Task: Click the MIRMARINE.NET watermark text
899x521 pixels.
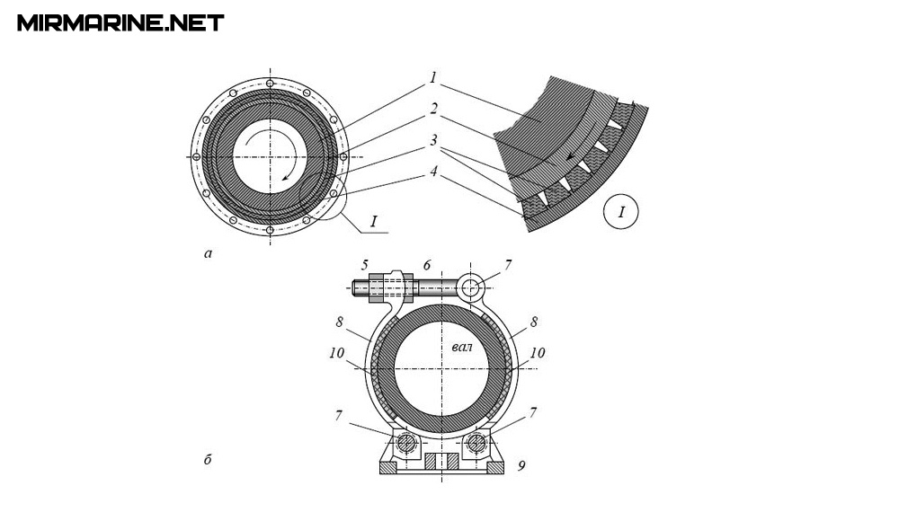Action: click(x=120, y=22)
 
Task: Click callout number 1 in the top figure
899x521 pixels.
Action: click(x=433, y=78)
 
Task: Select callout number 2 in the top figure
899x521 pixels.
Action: click(x=433, y=109)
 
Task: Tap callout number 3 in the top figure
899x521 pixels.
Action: click(x=433, y=141)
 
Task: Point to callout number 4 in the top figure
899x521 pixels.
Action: click(x=433, y=171)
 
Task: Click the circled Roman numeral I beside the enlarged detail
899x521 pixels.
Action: click(x=621, y=212)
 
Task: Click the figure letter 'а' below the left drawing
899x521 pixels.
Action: click(x=209, y=253)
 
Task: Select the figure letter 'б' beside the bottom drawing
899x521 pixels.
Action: click(x=208, y=461)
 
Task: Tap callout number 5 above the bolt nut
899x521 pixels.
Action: click(x=364, y=265)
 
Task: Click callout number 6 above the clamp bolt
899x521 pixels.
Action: click(x=427, y=265)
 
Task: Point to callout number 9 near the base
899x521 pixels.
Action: click(x=521, y=465)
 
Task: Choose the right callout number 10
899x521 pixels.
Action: click(x=538, y=353)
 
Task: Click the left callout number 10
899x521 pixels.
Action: click(x=336, y=353)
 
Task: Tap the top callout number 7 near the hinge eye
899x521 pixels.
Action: click(x=508, y=265)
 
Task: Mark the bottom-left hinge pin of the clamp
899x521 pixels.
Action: click(x=405, y=443)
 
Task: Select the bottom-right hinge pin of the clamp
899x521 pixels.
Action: click(x=476, y=443)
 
